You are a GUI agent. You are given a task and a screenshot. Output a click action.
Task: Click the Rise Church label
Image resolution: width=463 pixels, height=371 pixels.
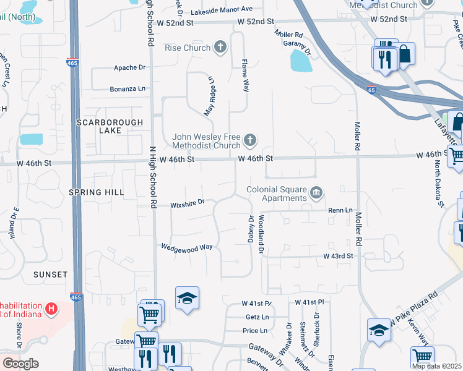188,48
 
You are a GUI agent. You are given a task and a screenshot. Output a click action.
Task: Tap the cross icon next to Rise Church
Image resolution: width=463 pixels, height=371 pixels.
220,47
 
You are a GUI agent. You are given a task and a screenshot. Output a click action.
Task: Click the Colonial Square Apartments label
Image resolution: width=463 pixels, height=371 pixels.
277,194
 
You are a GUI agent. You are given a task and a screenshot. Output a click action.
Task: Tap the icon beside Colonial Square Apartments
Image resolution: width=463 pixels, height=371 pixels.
316,194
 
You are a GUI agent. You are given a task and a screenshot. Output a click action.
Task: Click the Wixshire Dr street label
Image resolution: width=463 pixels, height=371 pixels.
187,203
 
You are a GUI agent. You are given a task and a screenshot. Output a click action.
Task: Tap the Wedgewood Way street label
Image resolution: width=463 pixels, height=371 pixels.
187,247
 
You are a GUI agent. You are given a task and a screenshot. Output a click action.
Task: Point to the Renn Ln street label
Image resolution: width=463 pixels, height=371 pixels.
340,210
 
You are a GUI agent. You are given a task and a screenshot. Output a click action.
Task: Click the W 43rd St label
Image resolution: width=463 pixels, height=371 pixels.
337,255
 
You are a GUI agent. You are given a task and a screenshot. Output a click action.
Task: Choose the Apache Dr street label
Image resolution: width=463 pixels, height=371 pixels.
129,67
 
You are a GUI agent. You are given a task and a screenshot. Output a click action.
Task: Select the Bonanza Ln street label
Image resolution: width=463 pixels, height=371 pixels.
128,88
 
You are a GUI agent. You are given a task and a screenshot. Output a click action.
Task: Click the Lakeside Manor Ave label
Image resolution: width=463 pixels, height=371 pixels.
222,9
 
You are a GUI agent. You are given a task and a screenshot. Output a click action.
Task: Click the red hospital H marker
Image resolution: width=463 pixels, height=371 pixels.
52,307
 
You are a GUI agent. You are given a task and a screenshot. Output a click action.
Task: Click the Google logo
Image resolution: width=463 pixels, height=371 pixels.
20,364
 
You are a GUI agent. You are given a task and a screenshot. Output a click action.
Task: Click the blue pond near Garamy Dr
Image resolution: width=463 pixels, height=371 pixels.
300,60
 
